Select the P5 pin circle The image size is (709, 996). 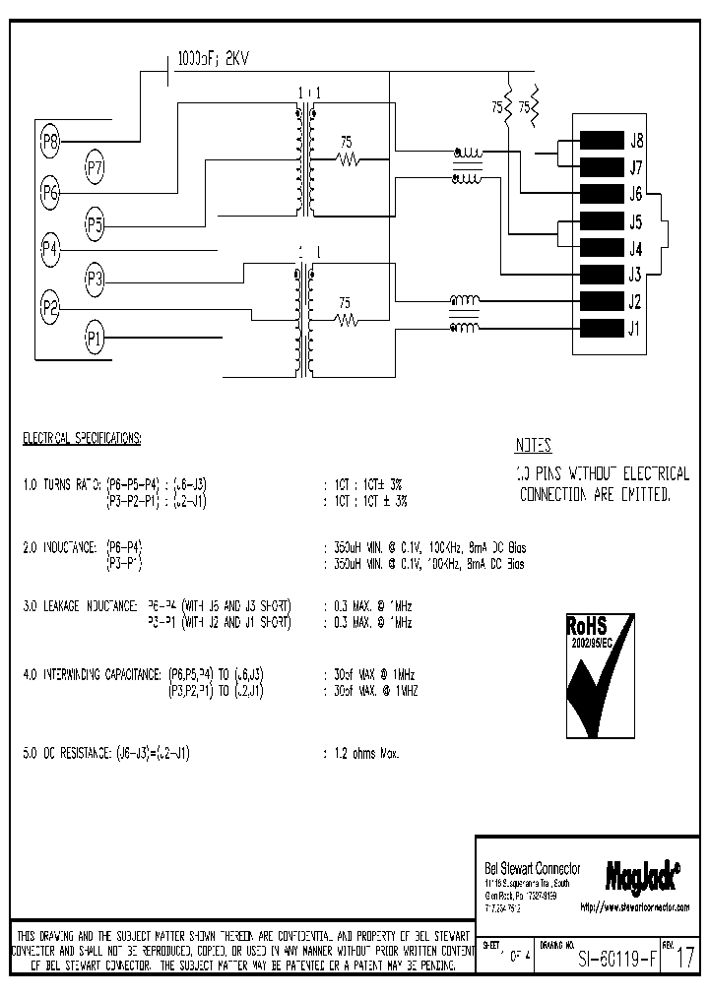pos(95,224)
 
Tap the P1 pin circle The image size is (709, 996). pos(95,340)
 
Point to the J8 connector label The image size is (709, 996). pos(636,140)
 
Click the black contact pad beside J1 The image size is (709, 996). pos(603,329)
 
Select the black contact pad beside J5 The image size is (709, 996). pos(603,221)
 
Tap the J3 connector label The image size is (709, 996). pos(636,275)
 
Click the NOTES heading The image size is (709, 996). pos(533,445)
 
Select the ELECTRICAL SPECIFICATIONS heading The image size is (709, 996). pos(83,436)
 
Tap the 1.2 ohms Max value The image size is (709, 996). pos(360,753)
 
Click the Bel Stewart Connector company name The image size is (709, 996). pos(533,868)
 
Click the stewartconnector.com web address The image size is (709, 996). pos(634,906)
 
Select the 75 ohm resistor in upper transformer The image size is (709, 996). pos(346,158)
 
